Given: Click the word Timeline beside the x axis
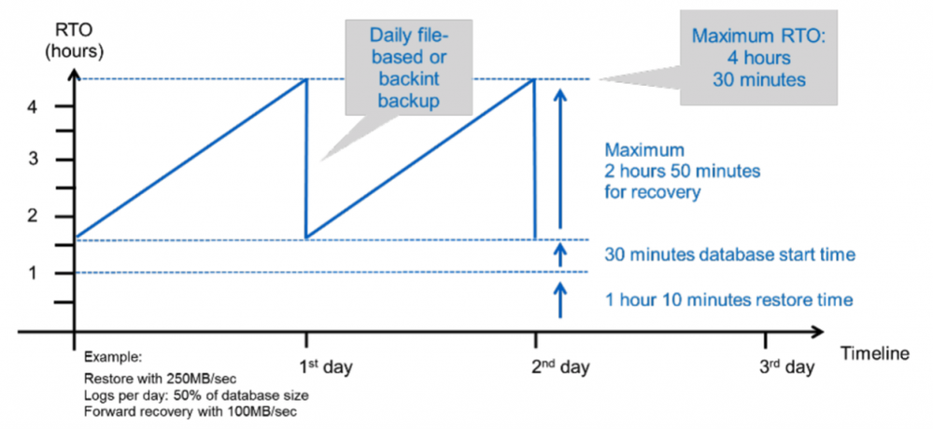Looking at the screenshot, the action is coord(876,353).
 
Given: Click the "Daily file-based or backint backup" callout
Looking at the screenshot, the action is coord(408,66).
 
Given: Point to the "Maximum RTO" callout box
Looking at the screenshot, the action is coord(758,57).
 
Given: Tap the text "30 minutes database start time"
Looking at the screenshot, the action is coord(730,255).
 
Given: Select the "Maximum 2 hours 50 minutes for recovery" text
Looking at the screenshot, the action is coord(683,172).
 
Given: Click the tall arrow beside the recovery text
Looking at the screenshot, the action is coord(558,158).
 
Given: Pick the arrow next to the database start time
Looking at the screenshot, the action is coord(558,254).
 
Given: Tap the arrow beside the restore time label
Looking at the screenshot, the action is coord(558,299).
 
